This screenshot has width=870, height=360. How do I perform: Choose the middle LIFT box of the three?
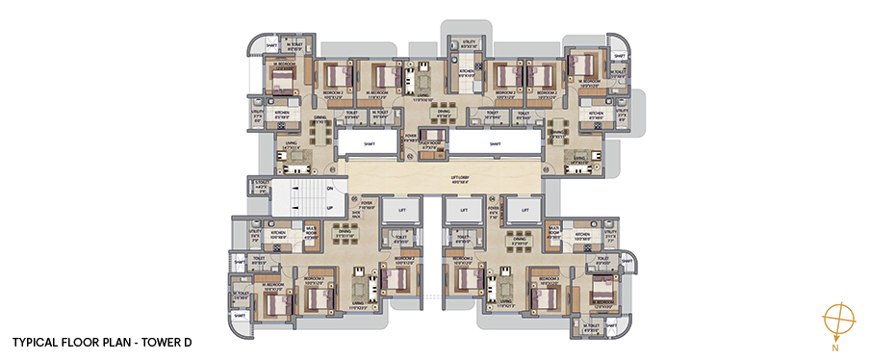tap(463, 209)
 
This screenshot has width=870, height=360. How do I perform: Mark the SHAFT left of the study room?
tap(368, 143)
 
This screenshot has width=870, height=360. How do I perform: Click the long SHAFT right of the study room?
tap(494, 143)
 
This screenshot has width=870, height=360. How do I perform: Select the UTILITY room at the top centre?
tap(467, 43)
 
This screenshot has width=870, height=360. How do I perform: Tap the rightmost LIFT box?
tap(525, 209)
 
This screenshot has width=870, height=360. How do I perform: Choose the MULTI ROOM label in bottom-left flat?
tap(312, 232)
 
